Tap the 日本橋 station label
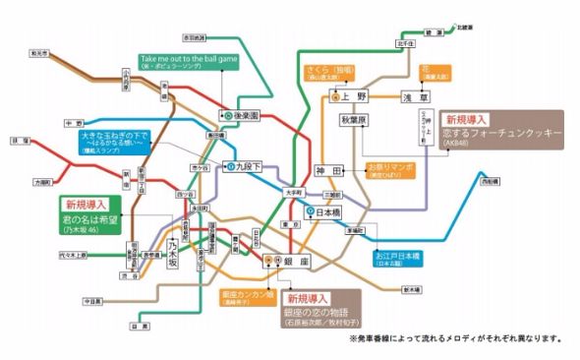coord(323,211)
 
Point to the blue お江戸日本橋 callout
coord(398,258)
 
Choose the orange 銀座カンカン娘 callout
coord(247,298)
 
